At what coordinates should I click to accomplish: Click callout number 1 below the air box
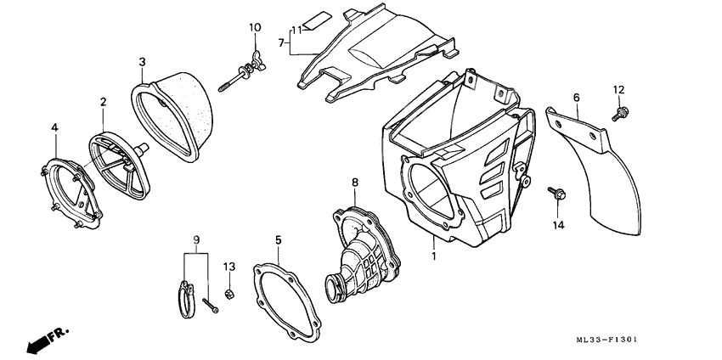pyautogui.click(x=433, y=254)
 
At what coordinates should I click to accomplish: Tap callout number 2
pyautogui.click(x=103, y=102)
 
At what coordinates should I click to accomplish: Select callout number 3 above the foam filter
pyautogui.click(x=142, y=61)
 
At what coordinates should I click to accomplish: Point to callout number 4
pyautogui.click(x=54, y=128)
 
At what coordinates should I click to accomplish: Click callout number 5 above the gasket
pyautogui.click(x=278, y=241)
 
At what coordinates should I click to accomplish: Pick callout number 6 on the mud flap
pyautogui.click(x=575, y=98)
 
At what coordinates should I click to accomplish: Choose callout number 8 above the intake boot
pyautogui.click(x=355, y=182)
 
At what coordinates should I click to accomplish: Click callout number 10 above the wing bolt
pyautogui.click(x=255, y=28)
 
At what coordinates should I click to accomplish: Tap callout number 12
pyautogui.click(x=618, y=89)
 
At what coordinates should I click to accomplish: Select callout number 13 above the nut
pyautogui.click(x=228, y=267)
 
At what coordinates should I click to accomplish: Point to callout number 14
pyautogui.click(x=557, y=225)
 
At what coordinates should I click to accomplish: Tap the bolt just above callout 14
pyautogui.click(x=556, y=195)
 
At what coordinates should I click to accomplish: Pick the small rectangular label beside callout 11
pyautogui.click(x=314, y=21)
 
